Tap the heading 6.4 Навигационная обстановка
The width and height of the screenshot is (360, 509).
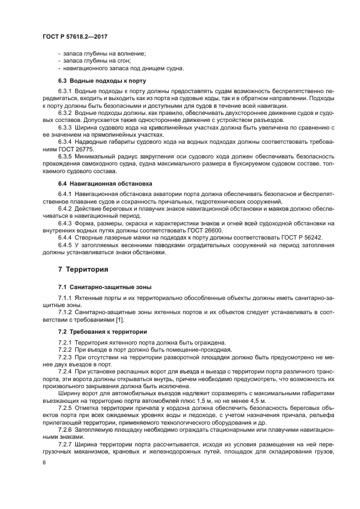point(105,183)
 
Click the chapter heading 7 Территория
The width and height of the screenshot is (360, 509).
point(83,269)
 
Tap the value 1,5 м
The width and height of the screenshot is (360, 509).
point(222,400)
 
